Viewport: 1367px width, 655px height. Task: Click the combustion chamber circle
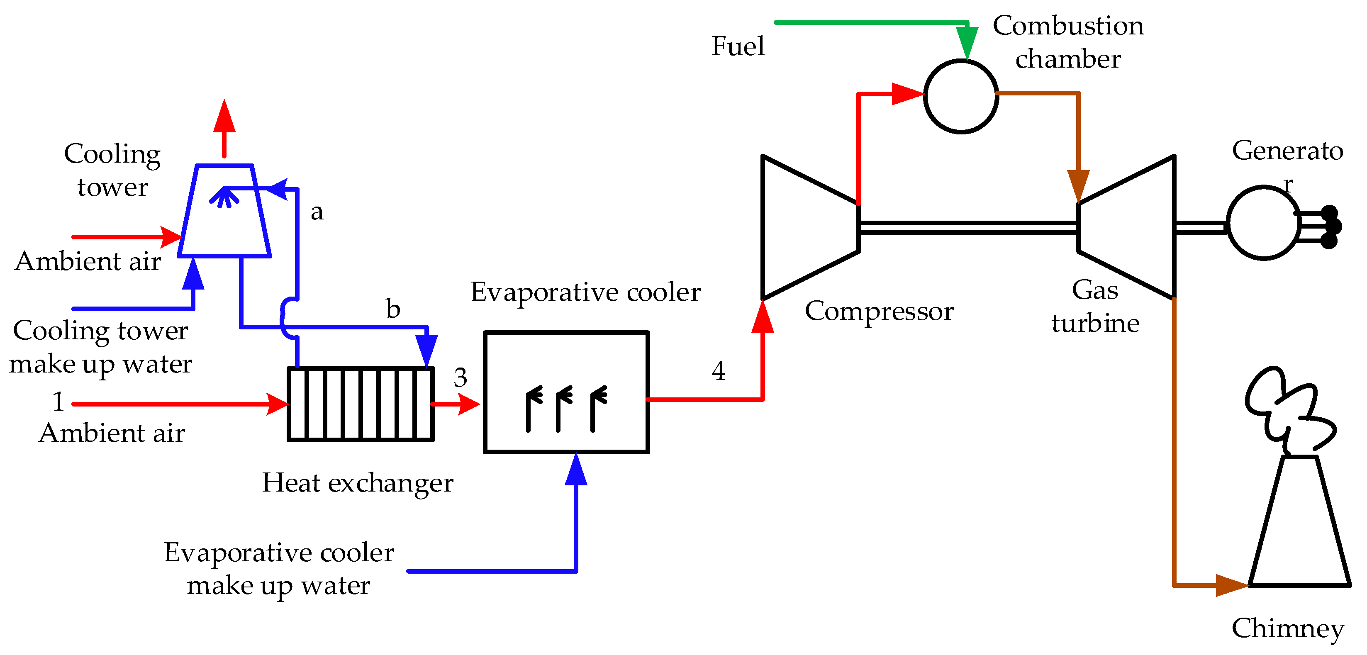(x=960, y=96)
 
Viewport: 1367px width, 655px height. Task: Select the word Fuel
(x=738, y=46)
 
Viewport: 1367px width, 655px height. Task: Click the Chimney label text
(x=1287, y=628)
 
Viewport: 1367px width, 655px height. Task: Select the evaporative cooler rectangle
(x=566, y=393)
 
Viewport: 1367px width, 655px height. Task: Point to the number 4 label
(x=719, y=371)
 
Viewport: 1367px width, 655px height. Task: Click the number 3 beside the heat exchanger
(x=460, y=378)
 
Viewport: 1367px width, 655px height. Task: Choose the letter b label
(x=393, y=309)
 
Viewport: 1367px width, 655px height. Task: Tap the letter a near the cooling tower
(x=317, y=212)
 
